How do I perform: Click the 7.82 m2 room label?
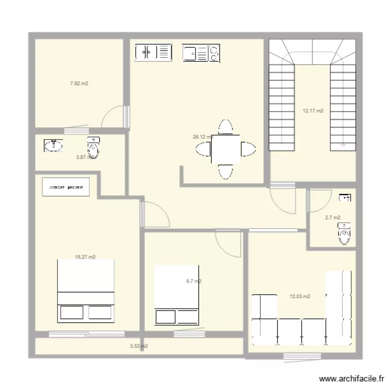click(79, 83)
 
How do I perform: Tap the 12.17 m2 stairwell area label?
click(313, 111)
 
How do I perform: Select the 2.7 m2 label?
click(332, 217)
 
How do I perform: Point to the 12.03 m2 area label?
click(300, 296)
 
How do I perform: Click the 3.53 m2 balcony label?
click(139, 346)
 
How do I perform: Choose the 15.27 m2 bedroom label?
click(85, 257)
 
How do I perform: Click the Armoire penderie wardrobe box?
click(66, 187)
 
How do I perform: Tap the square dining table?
click(226, 149)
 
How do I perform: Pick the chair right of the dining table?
click(248, 149)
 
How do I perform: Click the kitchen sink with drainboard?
click(153, 52)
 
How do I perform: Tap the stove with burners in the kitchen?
click(201, 53)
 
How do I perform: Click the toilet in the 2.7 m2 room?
click(344, 233)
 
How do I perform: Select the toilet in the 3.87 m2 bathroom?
click(93, 148)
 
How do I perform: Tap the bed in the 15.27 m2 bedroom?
click(85, 290)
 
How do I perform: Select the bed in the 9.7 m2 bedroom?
click(178, 296)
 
